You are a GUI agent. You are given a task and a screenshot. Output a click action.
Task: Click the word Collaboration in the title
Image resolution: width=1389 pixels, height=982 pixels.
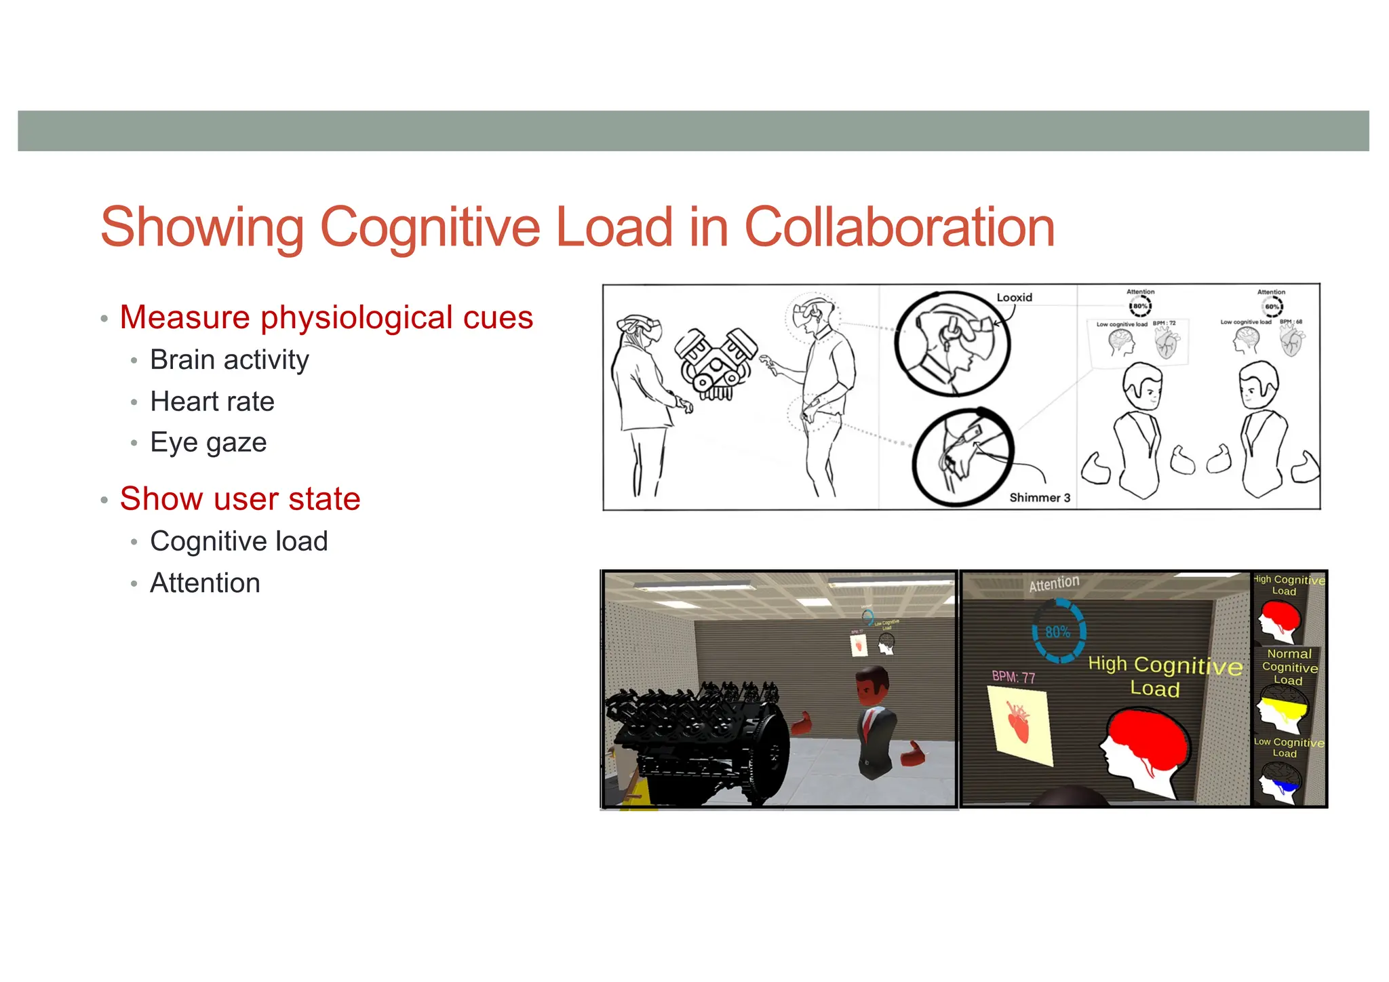(899, 227)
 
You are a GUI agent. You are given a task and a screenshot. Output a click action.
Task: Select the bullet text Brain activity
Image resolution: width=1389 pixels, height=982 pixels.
(229, 359)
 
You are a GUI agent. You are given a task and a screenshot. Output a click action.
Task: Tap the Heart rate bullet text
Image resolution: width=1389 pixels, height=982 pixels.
(212, 401)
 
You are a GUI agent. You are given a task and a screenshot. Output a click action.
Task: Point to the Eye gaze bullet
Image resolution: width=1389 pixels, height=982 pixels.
(208, 442)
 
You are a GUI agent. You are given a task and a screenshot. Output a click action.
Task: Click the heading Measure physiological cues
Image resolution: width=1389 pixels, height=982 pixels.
(326, 317)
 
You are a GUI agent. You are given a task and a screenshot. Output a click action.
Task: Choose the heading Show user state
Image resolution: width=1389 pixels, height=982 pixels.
(240, 499)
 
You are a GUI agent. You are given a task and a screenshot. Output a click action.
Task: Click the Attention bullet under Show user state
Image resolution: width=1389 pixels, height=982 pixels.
(205, 583)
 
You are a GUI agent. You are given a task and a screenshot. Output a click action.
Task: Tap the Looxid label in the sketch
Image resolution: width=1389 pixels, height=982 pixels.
(1014, 297)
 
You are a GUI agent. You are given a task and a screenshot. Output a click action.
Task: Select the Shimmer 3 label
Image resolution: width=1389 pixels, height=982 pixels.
(1039, 497)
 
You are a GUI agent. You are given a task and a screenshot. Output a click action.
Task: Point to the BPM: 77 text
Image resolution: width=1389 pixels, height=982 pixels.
(1013, 677)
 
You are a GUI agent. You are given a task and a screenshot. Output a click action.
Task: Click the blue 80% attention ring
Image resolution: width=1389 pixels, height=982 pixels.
(1058, 632)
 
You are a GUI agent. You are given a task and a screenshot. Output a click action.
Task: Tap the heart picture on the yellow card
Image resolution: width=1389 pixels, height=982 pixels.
(1017, 723)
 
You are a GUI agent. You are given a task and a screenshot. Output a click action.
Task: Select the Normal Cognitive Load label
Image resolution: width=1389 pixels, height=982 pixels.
(1289, 667)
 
